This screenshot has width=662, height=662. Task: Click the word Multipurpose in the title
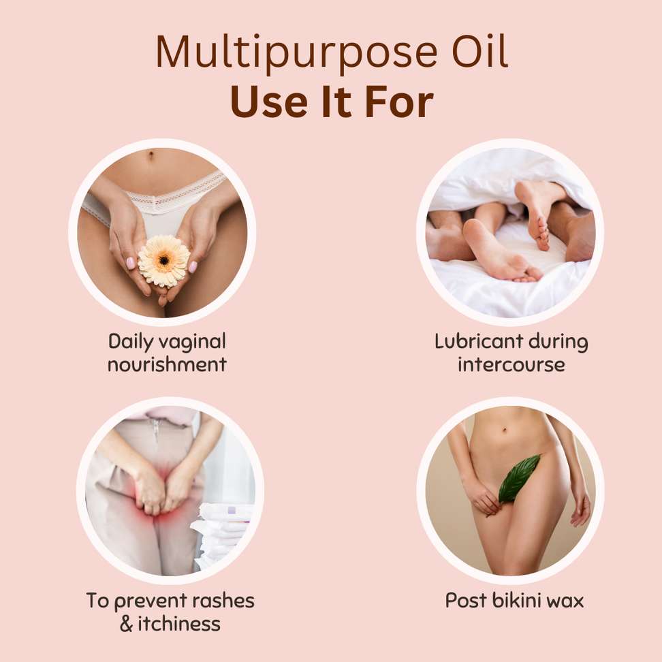(x=297, y=52)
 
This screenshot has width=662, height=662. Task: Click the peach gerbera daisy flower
(x=164, y=261)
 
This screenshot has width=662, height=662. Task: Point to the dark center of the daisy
(x=164, y=259)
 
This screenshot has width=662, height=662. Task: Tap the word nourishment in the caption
(x=167, y=364)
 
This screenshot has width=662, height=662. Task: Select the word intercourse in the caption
(x=511, y=364)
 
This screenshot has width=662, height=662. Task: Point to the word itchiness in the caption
(x=179, y=624)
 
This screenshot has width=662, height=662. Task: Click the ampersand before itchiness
(x=126, y=624)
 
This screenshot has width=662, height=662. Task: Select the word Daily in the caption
(x=131, y=342)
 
